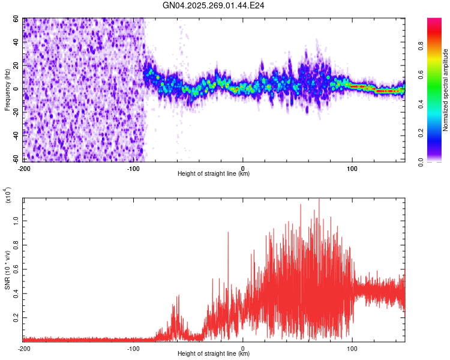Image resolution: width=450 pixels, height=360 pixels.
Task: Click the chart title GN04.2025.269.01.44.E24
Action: [214, 5]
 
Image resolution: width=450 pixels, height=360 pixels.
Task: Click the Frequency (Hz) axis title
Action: [8, 89]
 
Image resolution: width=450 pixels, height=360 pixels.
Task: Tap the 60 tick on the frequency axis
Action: [17, 19]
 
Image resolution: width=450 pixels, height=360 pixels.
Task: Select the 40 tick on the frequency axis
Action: [17, 43]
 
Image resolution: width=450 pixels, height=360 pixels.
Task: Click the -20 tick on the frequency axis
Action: [16, 113]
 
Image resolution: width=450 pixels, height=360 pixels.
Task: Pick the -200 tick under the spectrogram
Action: [25, 168]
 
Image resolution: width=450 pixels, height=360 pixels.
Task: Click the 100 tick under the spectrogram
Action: [352, 168]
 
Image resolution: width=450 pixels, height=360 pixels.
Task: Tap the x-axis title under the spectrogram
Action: [214, 174]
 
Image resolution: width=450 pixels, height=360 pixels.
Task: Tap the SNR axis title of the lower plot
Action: [8, 269]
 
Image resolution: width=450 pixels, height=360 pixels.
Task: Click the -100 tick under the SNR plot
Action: [133, 349]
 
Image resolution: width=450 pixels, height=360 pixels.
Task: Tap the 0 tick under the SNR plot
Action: [243, 349]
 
